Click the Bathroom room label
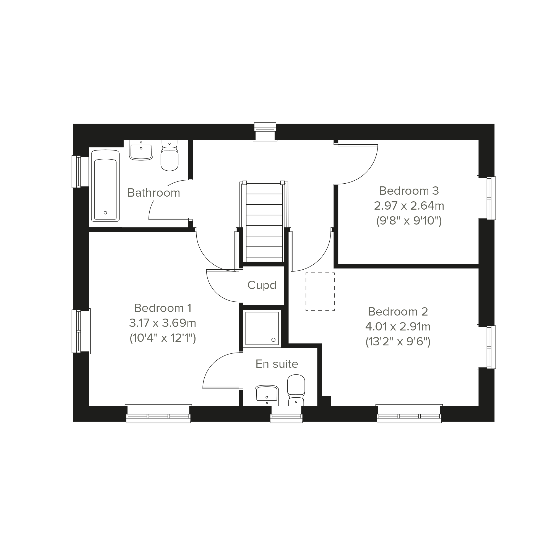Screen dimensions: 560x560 point(154,193)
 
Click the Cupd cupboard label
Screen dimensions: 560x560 point(262,285)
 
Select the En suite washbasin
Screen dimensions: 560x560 point(267,396)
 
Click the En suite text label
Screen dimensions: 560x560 point(277,364)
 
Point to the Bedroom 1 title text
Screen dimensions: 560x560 point(163,308)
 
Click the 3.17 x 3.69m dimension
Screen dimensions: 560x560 point(163,323)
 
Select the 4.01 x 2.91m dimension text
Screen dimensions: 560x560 point(398,327)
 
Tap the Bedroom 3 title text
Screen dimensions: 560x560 point(409,191)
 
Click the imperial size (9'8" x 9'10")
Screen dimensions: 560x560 point(409,221)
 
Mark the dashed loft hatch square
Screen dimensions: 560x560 point(320,291)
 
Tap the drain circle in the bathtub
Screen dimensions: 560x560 point(105,213)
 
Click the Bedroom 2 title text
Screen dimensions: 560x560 point(398,312)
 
